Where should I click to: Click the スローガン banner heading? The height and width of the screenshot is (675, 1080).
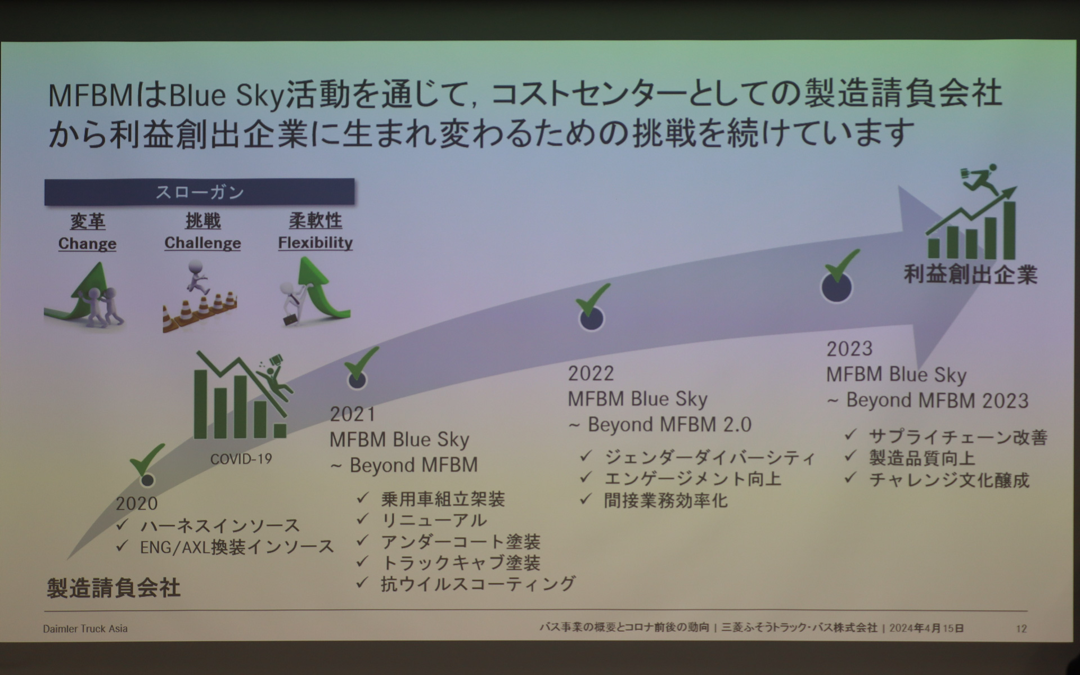[x=200, y=192]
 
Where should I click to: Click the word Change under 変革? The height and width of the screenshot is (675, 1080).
[x=87, y=244]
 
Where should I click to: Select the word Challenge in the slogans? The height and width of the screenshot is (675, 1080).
[x=202, y=243]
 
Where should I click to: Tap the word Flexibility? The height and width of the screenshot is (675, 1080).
[x=315, y=242]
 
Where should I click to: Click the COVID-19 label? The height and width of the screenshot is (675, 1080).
[x=241, y=459]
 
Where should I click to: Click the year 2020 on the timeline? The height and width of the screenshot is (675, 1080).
[x=137, y=503]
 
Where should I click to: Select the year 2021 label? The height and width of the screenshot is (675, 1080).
[x=353, y=415]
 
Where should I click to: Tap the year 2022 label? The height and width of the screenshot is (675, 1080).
[x=591, y=373]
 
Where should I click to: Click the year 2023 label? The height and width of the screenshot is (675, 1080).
[x=849, y=349]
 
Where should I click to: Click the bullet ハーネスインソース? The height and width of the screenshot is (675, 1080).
[x=220, y=526]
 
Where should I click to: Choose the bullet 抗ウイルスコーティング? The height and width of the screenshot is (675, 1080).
[x=478, y=584]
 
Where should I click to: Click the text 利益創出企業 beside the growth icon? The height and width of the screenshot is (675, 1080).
[x=970, y=274]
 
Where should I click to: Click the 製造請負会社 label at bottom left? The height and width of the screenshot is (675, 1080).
[x=114, y=588]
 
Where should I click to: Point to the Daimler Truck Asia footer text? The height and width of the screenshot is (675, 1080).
[x=85, y=629]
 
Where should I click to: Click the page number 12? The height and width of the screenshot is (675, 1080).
[x=1021, y=629]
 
